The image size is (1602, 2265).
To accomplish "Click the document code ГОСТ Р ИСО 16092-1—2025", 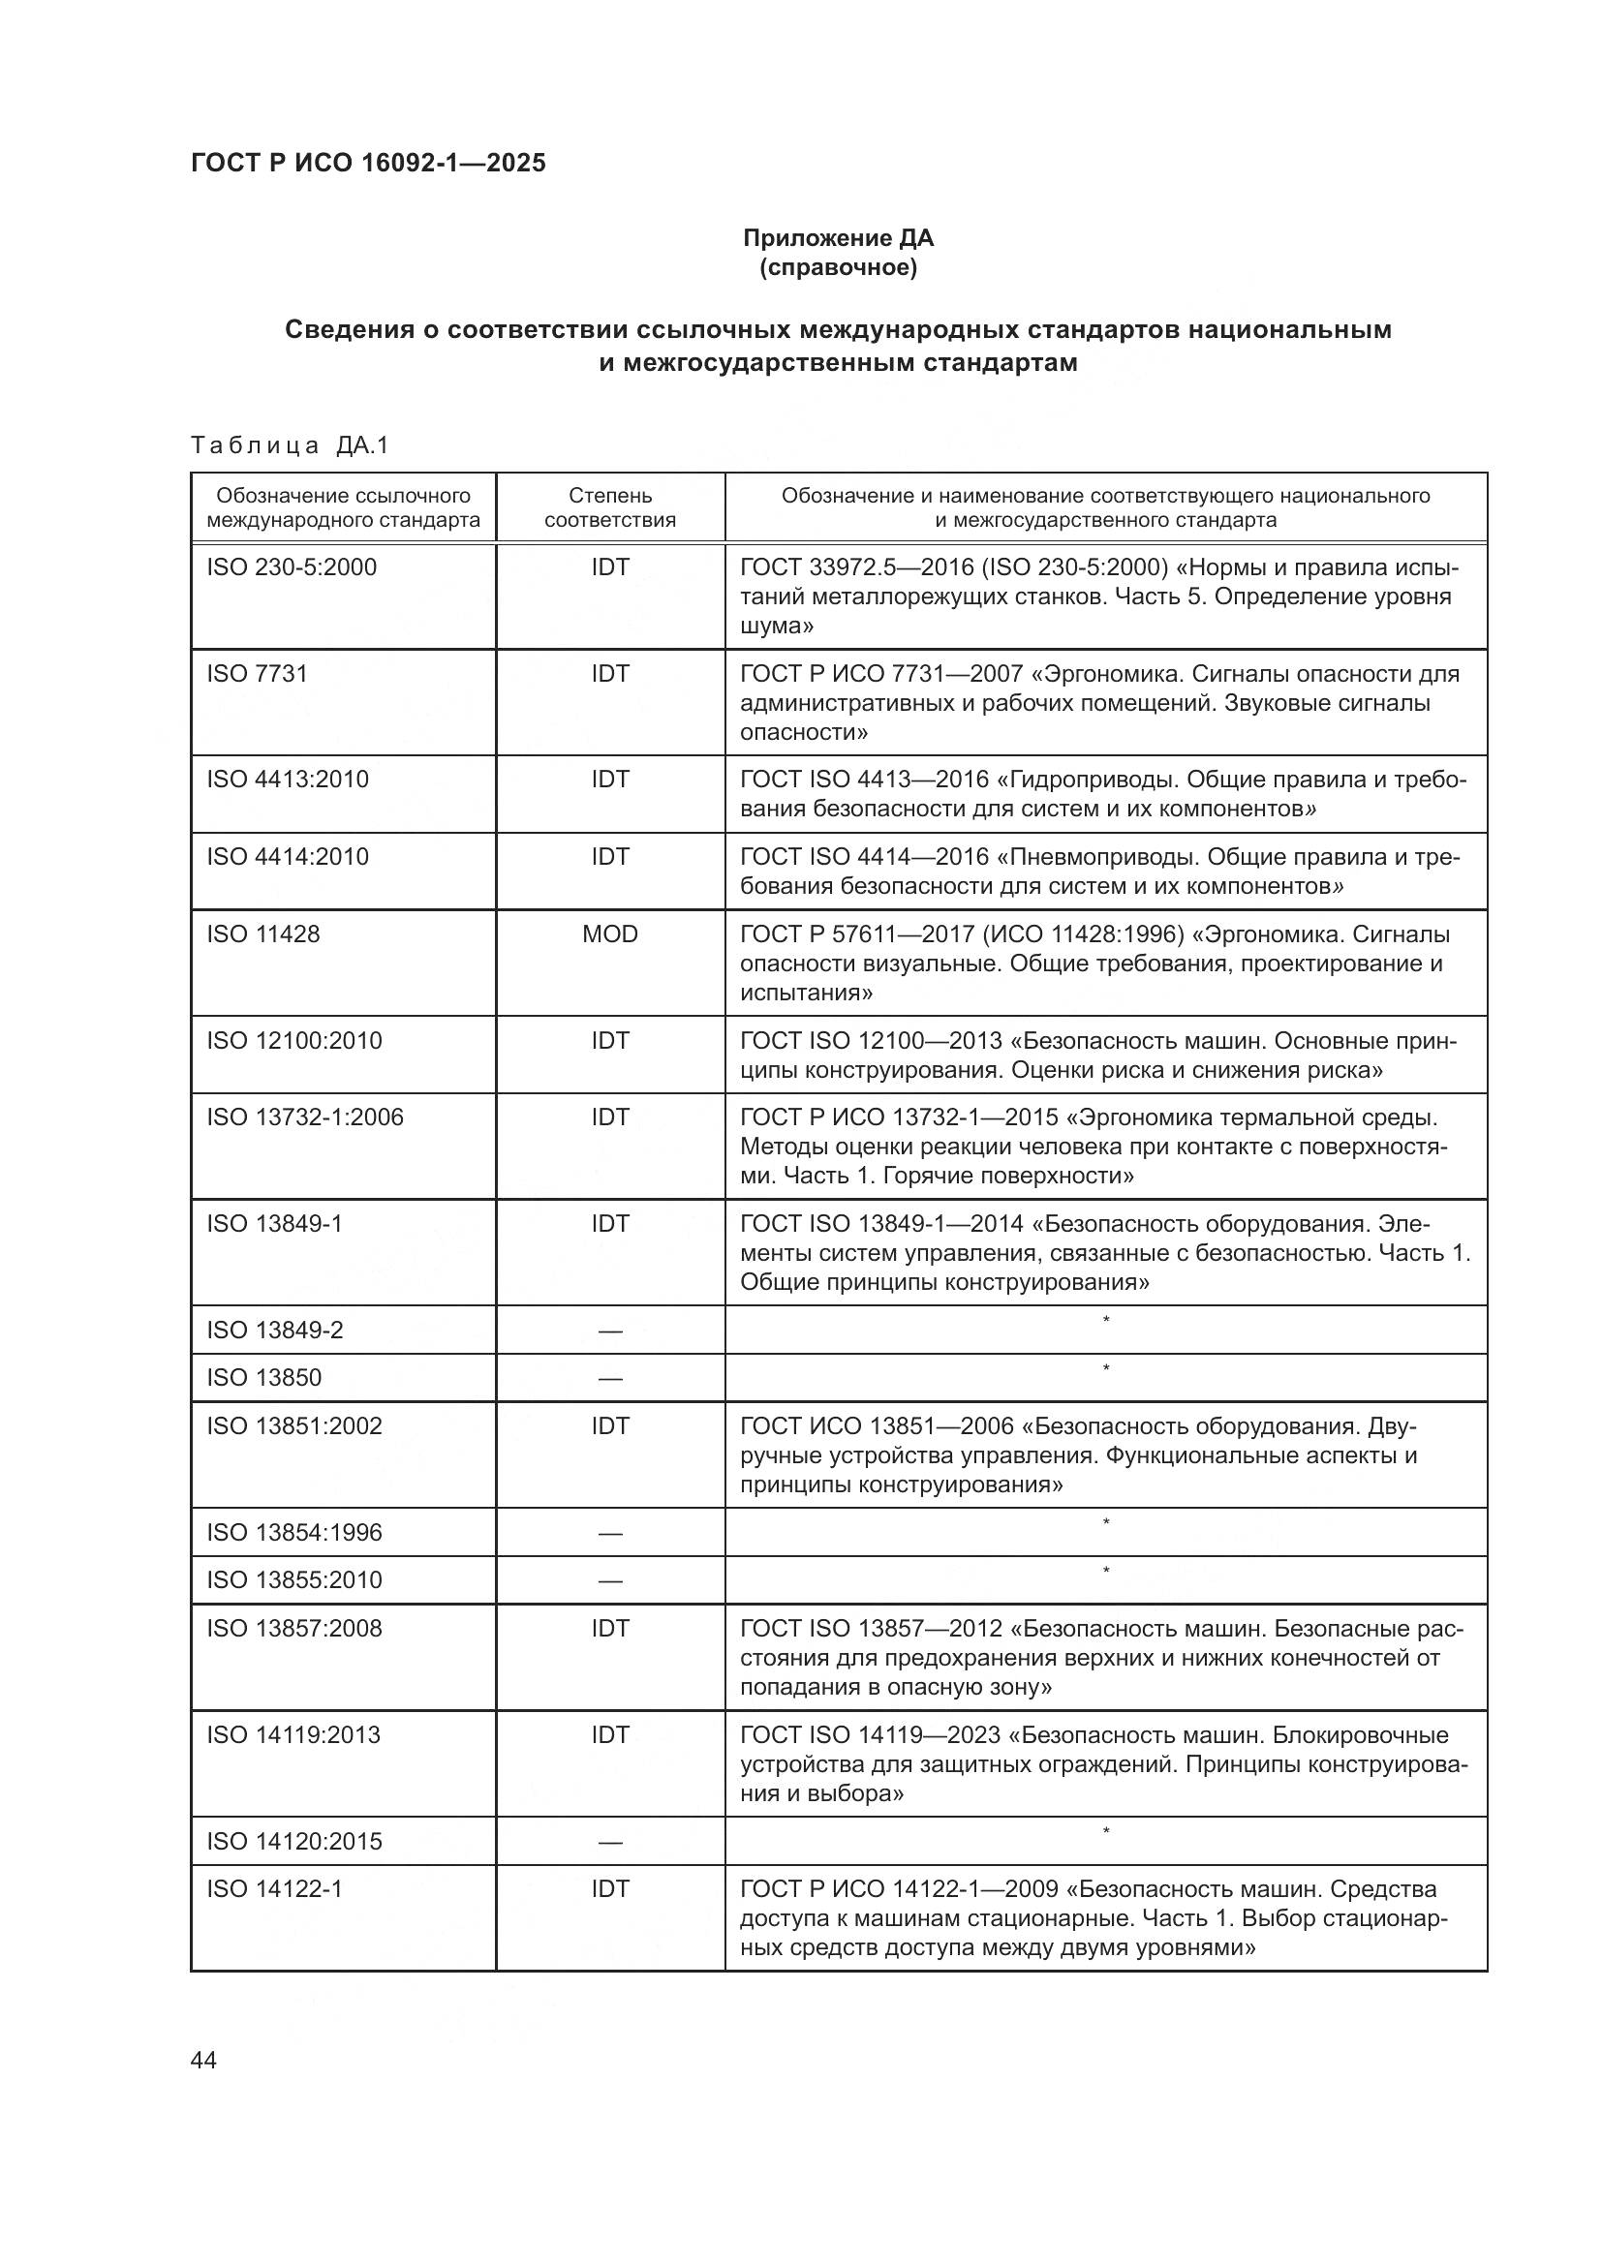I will click(x=368, y=163).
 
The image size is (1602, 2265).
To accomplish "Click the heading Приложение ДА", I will click(x=838, y=238).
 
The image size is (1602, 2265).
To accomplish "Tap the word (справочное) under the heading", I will click(x=838, y=267).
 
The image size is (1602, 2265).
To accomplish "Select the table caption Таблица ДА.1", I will click(x=290, y=445).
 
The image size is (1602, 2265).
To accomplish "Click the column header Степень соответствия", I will click(x=609, y=507).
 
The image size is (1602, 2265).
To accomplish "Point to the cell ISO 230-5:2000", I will click(x=291, y=567).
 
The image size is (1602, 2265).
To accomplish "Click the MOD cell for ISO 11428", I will click(x=609, y=934).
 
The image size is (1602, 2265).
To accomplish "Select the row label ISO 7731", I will click(x=258, y=673).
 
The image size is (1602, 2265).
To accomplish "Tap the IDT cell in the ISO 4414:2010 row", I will click(x=609, y=856).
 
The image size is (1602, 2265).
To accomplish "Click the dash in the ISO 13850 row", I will click(x=609, y=1378).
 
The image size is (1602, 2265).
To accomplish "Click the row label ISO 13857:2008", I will click(x=294, y=1628).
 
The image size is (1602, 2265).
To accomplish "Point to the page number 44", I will click(x=203, y=2061).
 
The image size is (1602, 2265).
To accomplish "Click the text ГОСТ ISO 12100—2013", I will click(x=871, y=1041).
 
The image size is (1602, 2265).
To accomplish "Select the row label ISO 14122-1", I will click(x=274, y=1888).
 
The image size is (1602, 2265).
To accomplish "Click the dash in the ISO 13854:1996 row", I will click(x=609, y=1533).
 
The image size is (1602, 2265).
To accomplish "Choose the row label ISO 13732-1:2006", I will click(x=305, y=1117).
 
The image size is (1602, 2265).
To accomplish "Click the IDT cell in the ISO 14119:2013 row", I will click(x=609, y=1734).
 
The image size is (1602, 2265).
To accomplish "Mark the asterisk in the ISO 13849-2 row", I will click(x=1106, y=1320).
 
